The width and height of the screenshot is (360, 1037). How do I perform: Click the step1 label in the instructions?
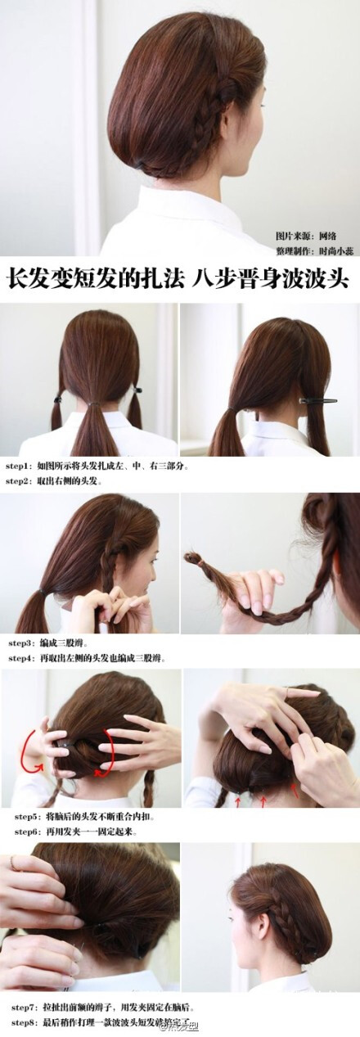point(17,465)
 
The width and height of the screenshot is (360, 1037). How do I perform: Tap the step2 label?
point(17,480)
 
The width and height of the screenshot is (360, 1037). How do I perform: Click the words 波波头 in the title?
point(322,278)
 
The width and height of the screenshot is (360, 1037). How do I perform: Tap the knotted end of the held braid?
point(194,559)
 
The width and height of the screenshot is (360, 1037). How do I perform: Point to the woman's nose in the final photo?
point(235,923)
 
